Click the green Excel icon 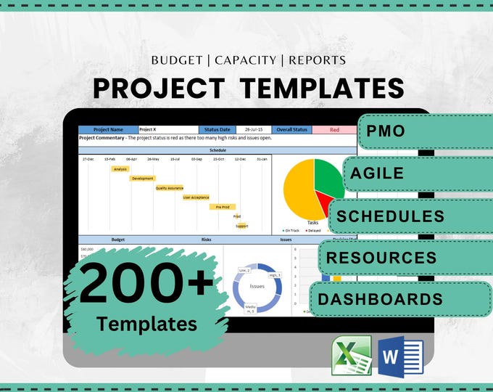(351, 356)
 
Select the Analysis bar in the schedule (120, 169)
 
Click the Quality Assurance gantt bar (170, 188)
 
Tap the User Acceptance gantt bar (196, 197)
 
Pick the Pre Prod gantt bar (223, 207)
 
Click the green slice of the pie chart (328, 176)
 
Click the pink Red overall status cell (334, 130)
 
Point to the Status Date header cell (217, 130)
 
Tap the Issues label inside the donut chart (257, 286)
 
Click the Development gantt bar (143, 179)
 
